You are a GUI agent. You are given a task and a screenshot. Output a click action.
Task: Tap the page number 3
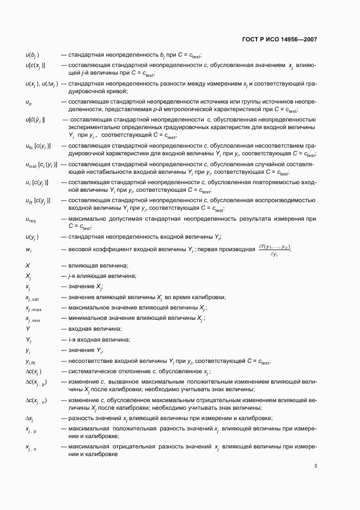[x=315, y=465]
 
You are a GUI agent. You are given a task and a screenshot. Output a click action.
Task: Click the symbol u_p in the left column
[x=29, y=102]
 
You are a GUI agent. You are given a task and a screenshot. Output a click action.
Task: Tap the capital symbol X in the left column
[x=28, y=265]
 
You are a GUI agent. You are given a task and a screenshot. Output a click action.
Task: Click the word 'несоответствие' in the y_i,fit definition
[x=93, y=361]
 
